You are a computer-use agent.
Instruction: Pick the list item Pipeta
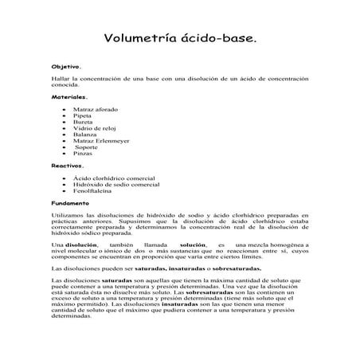[x=84, y=115]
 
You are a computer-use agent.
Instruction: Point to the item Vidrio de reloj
[x=95, y=127]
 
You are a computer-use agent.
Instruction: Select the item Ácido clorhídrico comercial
[x=113, y=178]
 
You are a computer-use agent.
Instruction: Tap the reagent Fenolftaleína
[x=94, y=191]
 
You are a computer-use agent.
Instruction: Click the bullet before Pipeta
[x=64, y=115]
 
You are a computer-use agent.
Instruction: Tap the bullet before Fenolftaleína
[x=64, y=191]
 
